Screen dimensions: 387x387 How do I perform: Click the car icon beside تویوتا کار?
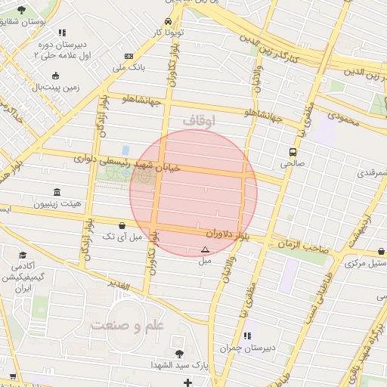(x=168, y=21)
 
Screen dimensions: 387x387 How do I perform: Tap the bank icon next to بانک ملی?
(x=129, y=56)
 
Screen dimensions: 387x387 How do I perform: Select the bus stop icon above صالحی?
(x=293, y=151)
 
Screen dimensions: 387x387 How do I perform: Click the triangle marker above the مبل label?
(x=205, y=249)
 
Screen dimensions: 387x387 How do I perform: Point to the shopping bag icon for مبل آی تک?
(x=122, y=225)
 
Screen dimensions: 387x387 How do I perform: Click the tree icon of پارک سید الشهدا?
(x=179, y=354)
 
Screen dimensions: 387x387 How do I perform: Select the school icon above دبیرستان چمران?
(x=246, y=336)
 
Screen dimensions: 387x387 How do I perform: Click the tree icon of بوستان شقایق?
(x=20, y=9)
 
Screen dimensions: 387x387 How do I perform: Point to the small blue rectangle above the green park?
(x=125, y=150)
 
